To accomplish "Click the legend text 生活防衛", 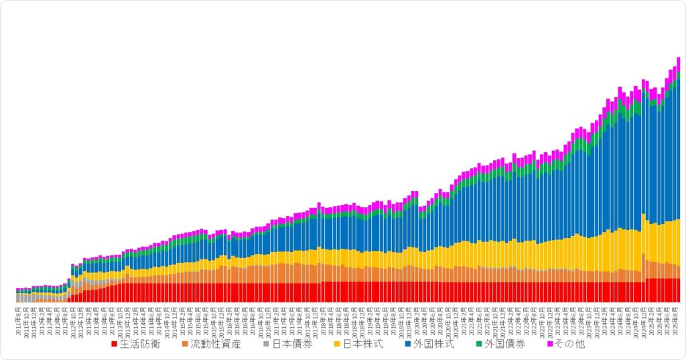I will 139,345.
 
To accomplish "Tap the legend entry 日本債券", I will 292,345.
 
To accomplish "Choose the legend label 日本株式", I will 363,345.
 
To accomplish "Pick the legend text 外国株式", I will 434,345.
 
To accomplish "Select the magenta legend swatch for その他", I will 550,345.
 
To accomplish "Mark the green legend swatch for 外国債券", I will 479,345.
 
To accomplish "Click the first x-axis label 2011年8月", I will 19,318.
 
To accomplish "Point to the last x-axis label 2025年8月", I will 677,318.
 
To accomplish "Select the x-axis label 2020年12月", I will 456,319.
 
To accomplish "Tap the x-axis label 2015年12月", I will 222,319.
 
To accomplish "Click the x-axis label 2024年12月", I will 644,319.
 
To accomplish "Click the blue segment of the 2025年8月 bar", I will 678,147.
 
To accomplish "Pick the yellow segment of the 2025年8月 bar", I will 678,241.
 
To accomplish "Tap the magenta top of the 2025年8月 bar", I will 678,62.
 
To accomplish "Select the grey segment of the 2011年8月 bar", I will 18,297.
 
